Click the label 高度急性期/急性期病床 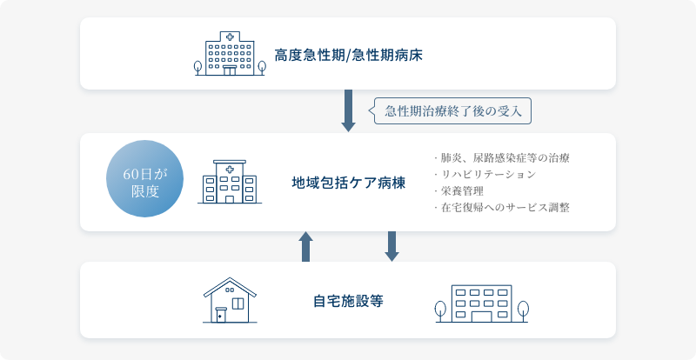click(348, 56)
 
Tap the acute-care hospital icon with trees click(230, 53)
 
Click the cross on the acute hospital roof click(230, 37)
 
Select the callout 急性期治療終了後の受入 click(451, 111)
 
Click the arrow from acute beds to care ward click(349, 111)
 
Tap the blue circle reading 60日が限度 click(144, 178)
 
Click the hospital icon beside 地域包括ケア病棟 click(230, 182)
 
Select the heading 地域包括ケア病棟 click(349, 183)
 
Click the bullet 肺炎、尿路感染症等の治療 click(502, 157)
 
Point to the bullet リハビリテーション click(485, 175)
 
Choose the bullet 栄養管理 click(458, 191)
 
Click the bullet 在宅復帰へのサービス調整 click(502, 207)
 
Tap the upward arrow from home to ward click(306, 246)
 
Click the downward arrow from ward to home click(392, 246)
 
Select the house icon click(230, 300)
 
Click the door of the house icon click(221, 315)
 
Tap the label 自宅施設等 click(349, 302)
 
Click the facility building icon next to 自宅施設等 click(482, 303)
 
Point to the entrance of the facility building click(482, 317)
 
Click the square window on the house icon click(238, 303)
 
